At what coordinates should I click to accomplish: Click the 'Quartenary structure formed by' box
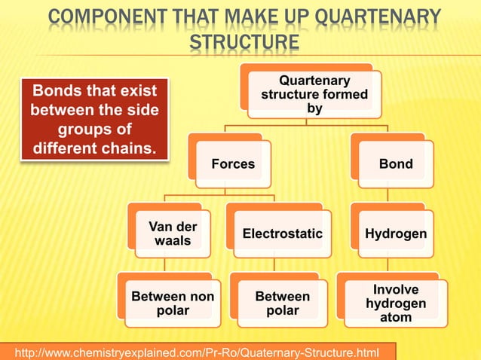point(314,94)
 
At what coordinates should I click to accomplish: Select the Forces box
point(232,163)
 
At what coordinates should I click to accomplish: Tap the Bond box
point(395,163)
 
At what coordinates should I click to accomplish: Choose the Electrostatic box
point(282,234)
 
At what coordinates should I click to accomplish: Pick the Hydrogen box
point(395,234)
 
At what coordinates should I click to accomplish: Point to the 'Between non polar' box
point(172,304)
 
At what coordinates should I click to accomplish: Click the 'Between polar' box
point(282,304)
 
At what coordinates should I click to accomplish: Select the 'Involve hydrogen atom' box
point(395,304)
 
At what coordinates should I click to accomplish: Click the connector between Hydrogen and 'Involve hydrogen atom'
point(388,264)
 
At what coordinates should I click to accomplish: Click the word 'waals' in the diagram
point(172,241)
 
